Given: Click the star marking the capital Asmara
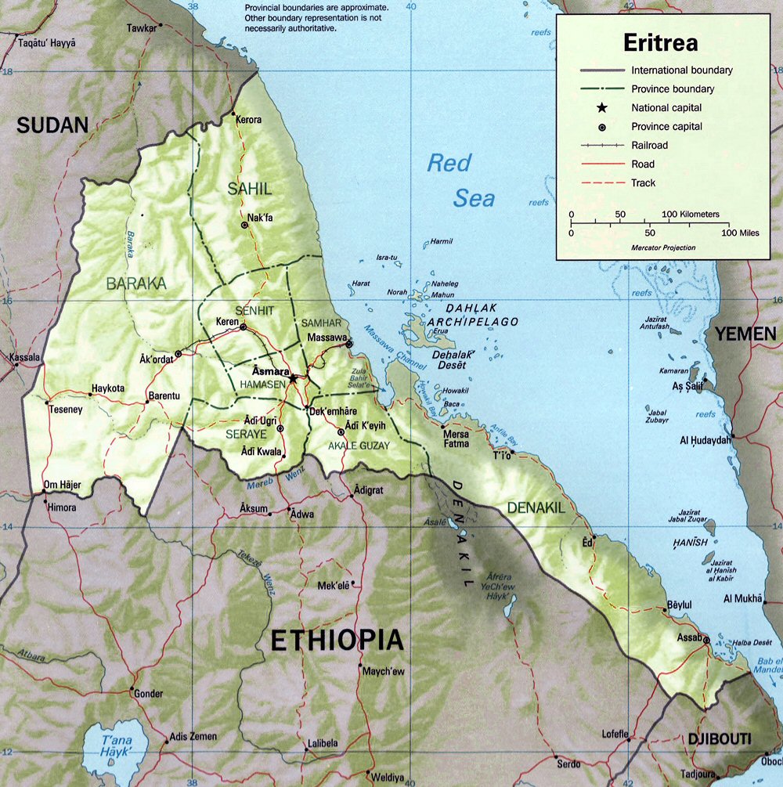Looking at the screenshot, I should (293, 378).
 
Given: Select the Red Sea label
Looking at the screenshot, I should (460, 180).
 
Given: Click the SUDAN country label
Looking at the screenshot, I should (53, 125).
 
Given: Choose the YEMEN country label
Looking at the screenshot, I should (745, 334).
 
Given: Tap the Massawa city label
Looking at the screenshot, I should (327, 336).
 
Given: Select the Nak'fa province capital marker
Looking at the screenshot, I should (245, 225).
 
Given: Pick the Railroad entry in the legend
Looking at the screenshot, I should (650, 146).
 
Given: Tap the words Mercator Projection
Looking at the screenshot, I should (662, 247).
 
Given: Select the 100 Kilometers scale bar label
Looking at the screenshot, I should (690, 214).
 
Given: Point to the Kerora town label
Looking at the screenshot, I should (249, 120).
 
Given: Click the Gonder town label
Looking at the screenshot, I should (149, 694).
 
